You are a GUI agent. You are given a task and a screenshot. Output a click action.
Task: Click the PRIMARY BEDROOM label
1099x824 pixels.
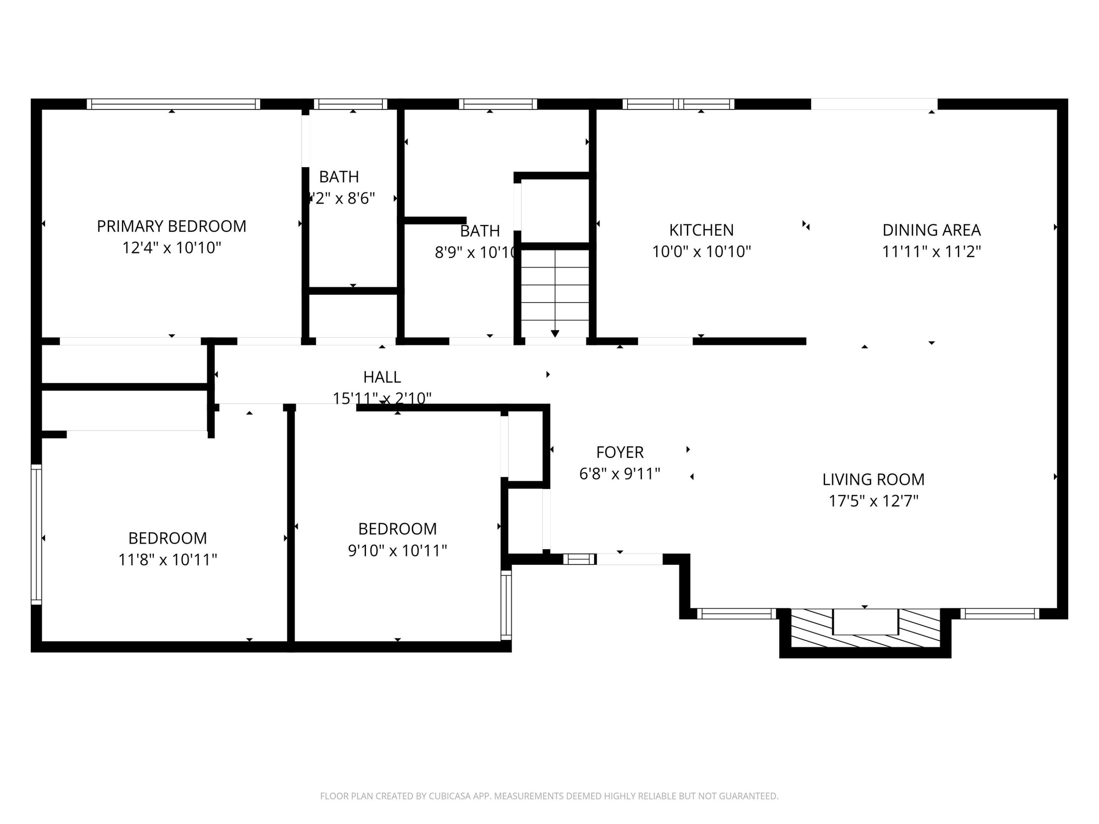point(171,226)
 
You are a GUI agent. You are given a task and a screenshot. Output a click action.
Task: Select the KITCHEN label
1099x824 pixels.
point(701,230)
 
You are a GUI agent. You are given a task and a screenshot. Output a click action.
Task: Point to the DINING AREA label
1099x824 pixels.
point(931,230)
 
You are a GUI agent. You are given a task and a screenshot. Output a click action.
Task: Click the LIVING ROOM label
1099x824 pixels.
point(873,479)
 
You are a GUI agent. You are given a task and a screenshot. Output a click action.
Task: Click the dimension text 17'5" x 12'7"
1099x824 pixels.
point(873,501)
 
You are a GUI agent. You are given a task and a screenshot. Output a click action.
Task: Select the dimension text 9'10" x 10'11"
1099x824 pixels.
point(397,550)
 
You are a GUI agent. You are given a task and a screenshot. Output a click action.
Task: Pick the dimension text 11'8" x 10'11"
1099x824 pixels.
point(167,560)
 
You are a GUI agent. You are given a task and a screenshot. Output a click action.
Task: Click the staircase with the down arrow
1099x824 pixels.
point(555,293)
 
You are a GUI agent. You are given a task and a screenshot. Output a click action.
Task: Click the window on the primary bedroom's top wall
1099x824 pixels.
point(173,104)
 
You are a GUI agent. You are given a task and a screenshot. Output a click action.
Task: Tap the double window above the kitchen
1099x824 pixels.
point(678,104)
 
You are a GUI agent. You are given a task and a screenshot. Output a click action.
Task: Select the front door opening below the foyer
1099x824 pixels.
point(629,559)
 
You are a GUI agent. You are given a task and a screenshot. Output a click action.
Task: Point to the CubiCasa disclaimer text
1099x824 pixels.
point(549,796)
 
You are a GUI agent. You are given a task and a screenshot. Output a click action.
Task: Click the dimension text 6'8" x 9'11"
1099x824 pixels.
point(619,474)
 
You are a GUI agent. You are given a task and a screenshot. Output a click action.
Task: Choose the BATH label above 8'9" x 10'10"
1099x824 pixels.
point(480,231)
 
